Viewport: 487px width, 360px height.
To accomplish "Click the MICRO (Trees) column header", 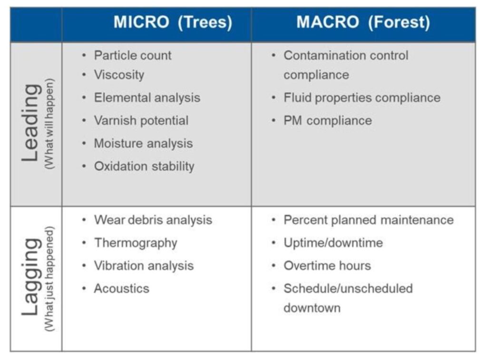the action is [x=173, y=22].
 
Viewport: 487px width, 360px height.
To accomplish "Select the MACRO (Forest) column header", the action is [x=363, y=22].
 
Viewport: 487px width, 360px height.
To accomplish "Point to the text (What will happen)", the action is [x=49, y=124].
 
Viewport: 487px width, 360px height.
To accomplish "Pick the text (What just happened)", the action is [x=49, y=279].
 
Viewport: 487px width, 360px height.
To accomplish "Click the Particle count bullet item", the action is [x=133, y=56].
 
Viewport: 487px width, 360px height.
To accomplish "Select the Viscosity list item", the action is [x=119, y=75].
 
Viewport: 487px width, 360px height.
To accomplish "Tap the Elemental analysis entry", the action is [x=147, y=98].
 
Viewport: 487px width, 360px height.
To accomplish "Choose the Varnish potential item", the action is [x=141, y=120].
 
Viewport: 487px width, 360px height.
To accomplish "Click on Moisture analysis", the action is [x=144, y=144].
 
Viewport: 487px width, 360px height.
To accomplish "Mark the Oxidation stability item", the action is [x=144, y=166].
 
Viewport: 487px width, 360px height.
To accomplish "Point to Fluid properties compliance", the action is [x=362, y=98].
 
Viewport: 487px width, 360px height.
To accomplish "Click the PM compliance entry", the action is [x=328, y=121].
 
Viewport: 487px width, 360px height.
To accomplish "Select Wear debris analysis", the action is [x=153, y=220].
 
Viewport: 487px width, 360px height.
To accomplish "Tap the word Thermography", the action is [x=136, y=243].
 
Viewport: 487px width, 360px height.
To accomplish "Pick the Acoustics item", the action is [x=122, y=289].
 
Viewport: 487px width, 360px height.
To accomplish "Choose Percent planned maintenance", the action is [x=369, y=220].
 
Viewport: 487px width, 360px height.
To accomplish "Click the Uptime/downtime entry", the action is [x=333, y=243].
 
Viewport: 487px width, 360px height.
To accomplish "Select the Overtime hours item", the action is [x=327, y=266].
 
